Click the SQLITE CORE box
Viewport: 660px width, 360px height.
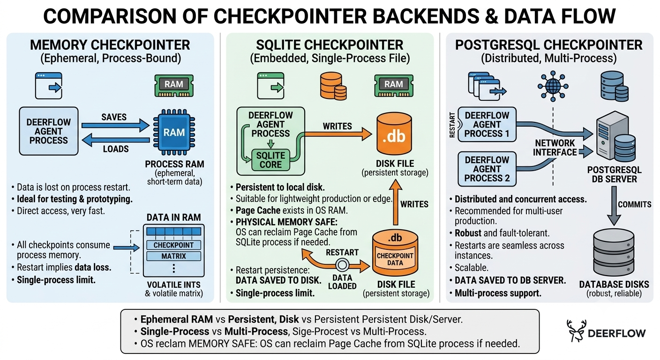click(x=270, y=160)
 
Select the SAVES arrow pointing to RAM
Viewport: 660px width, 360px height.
click(x=115, y=126)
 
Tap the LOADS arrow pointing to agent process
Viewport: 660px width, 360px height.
click(x=115, y=140)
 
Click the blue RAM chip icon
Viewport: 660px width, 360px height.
click(x=174, y=132)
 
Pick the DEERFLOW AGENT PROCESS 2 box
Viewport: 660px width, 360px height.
click(x=487, y=169)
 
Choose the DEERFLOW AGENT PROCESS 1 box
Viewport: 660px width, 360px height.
click(x=487, y=124)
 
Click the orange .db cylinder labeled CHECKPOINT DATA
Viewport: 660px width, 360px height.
click(x=395, y=253)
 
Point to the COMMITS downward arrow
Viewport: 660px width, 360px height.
click(x=614, y=206)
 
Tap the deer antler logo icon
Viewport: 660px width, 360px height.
click(x=576, y=330)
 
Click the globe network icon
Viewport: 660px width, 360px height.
click(x=553, y=86)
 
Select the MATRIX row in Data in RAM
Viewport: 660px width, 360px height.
click(x=173, y=256)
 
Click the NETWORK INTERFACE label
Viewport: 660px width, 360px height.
click(x=555, y=148)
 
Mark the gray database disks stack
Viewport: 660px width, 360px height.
click(x=614, y=252)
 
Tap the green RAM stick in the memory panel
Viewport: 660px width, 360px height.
click(x=174, y=85)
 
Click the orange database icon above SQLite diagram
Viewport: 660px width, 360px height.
click(x=333, y=86)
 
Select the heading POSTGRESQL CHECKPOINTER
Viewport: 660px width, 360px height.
click(x=548, y=45)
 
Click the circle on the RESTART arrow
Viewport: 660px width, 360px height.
click(x=342, y=265)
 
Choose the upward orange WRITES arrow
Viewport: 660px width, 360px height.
click(x=396, y=202)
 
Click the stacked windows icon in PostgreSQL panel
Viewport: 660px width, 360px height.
click(x=487, y=86)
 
